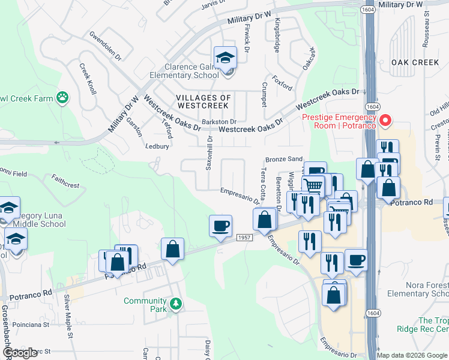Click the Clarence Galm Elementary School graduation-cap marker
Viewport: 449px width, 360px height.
226,58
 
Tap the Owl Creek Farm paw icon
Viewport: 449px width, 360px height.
62,97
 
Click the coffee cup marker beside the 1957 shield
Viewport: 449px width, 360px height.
220,226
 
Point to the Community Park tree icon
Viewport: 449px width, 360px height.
175,304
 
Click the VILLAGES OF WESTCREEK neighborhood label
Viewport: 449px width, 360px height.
203,101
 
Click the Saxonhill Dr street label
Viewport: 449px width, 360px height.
209,152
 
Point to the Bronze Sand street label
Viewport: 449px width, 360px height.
284,160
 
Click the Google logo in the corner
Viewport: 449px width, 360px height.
20,353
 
